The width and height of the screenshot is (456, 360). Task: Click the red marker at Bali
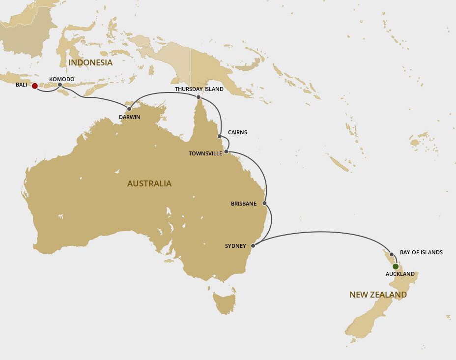pyautogui.click(x=34, y=86)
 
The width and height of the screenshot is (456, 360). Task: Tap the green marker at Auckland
pyautogui.click(x=396, y=267)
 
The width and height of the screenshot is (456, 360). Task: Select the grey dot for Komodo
pyautogui.click(x=60, y=85)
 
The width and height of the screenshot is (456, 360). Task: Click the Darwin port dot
pyautogui.click(x=129, y=109)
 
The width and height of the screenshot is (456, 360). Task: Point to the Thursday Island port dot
pyautogui.click(x=199, y=97)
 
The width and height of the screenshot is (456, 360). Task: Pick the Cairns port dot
pyautogui.click(x=220, y=136)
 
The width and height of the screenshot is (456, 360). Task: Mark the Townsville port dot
pyautogui.click(x=226, y=151)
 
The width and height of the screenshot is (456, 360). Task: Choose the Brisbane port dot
pyautogui.click(x=265, y=203)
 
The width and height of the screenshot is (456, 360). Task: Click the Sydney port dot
pyautogui.click(x=253, y=245)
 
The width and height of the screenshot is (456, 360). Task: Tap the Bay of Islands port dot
pyautogui.click(x=392, y=255)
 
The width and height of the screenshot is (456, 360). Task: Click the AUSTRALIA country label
pyautogui.click(x=149, y=183)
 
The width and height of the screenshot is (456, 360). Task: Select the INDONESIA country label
pyautogui.click(x=90, y=62)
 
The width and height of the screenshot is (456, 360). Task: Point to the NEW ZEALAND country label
pyautogui.click(x=378, y=295)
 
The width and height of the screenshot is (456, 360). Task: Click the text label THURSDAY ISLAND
pyautogui.click(x=199, y=89)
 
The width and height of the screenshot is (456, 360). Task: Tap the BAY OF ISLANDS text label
pyautogui.click(x=421, y=252)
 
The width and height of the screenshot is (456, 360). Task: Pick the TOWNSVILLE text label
pyautogui.click(x=205, y=153)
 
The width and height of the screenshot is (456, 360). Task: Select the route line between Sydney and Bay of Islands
pyautogui.click(x=324, y=232)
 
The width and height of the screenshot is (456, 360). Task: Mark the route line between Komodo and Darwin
pyautogui.click(x=93, y=97)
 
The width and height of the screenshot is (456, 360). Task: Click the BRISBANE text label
pyautogui.click(x=244, y=203)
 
